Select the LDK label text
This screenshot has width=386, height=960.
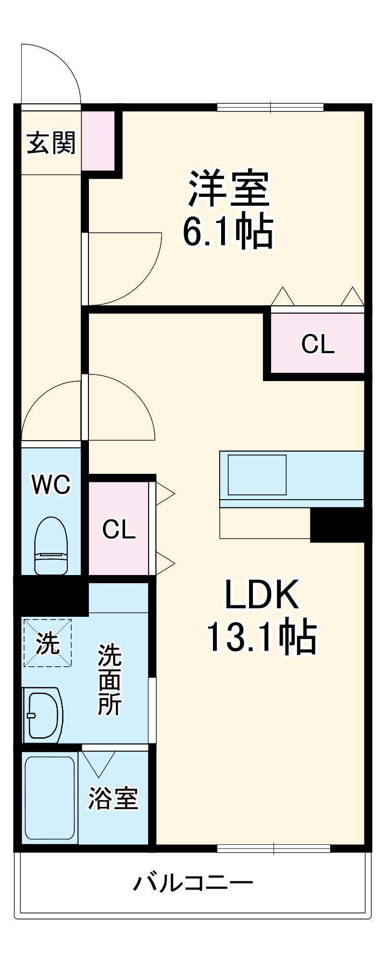tap(262, 595)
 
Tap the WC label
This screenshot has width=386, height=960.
tap(51, 484)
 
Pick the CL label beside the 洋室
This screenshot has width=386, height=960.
tap(317, 344)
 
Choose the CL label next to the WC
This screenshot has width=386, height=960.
tap(119, 529)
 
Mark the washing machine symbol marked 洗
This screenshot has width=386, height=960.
tap(48, 643)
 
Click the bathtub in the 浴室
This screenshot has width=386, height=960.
tap(50, 797)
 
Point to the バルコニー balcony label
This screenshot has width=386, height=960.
tap(193, 883)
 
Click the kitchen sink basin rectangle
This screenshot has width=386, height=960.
tap(257, 475)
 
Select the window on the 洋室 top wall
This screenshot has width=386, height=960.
tap(270, 107)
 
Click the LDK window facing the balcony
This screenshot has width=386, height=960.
tap(274, 848)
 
